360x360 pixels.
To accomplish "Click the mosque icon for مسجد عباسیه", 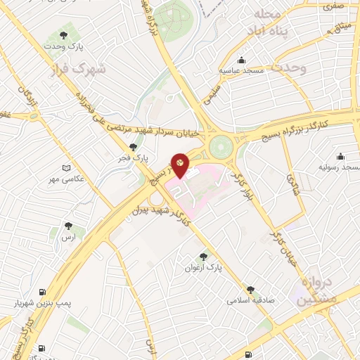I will [242, 60].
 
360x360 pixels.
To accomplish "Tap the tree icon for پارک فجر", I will [133, 147].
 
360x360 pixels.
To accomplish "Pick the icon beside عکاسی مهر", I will [66, 169].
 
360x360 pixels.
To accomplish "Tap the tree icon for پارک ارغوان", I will [204, 257].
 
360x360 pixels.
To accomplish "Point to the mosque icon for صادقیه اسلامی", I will [250, 289].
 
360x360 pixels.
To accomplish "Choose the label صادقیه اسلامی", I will [250, 300].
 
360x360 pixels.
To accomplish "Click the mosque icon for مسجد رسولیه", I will [341, 156].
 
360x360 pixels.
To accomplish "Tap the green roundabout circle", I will [220, 147].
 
